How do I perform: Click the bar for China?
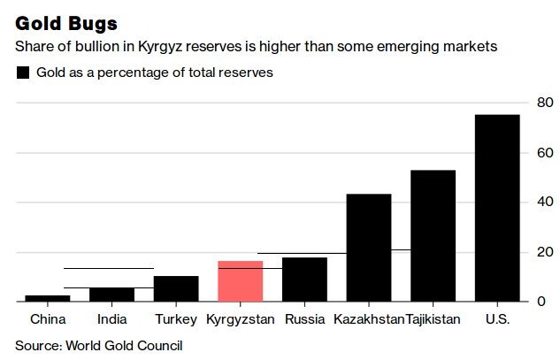pos(47,298)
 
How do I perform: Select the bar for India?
pos(111,295)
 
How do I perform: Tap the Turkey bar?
pos(176,289)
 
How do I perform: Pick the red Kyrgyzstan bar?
pos(240,281)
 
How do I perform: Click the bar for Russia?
pos(304,280)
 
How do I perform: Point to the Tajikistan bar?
pos(433,236)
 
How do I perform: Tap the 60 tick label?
pos(545,153)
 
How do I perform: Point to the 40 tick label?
pos(545,203)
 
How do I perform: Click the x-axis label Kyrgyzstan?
pos(240,319)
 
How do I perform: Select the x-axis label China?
pos(47,319)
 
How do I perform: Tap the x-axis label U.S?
pos(497,319)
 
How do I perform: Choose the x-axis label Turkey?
pos(176,319)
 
